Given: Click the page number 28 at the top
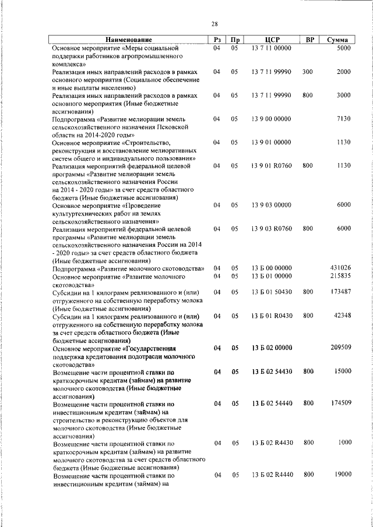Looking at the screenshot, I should click(x=214, y=24).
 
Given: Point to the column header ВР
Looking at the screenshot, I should click(x=310, y=40).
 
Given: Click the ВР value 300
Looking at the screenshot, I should click(x=308, y=72).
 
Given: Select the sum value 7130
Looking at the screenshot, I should click(x=344, y=118).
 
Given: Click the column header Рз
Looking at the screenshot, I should click(x=217, y=40).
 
